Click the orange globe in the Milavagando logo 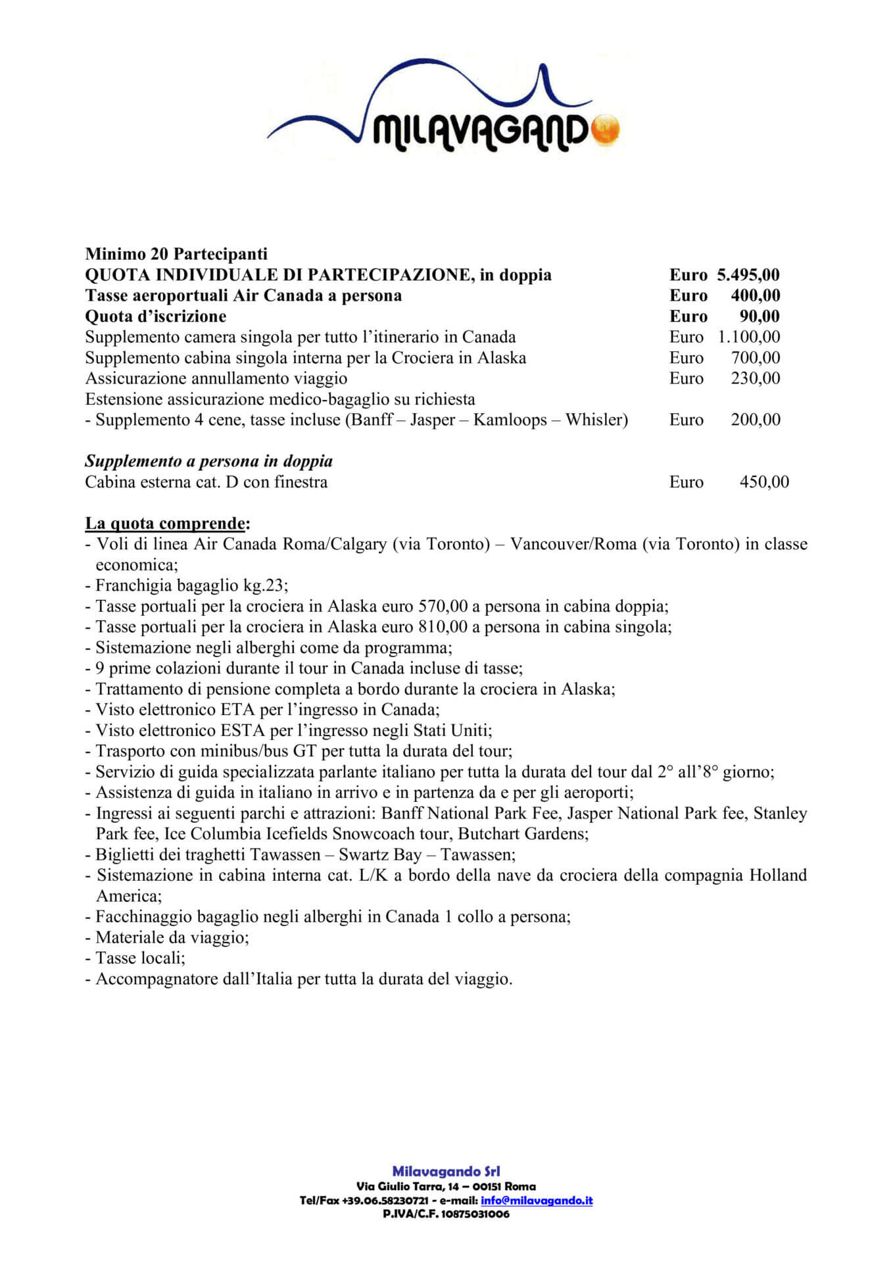(604, 130)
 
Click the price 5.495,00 (748, 275)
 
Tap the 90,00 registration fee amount (760, 316)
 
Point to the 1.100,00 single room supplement (748, 337)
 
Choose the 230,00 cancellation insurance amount (755, 378)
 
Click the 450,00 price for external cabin (763, 482)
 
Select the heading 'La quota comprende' (167, 524)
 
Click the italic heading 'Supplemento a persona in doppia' (208, 461)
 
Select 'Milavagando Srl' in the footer (446, 1172)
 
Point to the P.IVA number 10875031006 (476, 1214)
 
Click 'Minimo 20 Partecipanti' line (176, 254)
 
